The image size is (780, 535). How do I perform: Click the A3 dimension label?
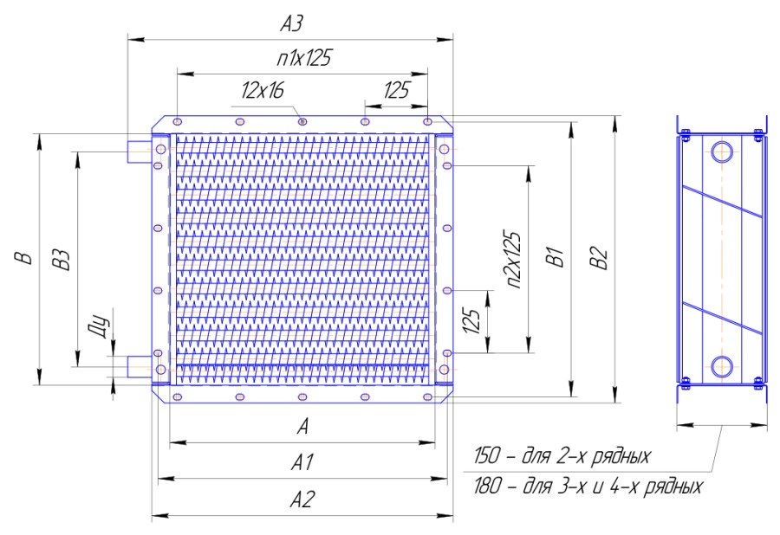pyautogui.click(x=291, y=23)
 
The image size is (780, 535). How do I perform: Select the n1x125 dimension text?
pyautogui.click(x=304, y=58)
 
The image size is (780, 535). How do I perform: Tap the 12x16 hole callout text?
pyautogui.click(x=263, y=90)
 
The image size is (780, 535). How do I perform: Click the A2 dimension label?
pyautogui.click(x=302, y=499)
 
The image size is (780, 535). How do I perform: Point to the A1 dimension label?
pyautogui.click(x=302, y=462)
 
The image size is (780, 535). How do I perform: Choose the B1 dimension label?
pyautogui.click(x=556, y=256)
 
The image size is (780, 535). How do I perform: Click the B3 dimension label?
pyautogui.click(x=62, y=260)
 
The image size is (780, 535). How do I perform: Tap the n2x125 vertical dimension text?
pyautogui.click(x=512, y=260)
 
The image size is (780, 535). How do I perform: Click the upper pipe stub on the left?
pyautogui.click(x=140, y=151)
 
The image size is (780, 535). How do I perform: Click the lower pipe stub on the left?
pyautogui.click(x=140, y=366)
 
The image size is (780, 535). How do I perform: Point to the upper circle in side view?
pyautogui.click(x=721, y=152)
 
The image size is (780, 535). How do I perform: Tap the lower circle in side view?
pyautogui.click(x=721, y=366)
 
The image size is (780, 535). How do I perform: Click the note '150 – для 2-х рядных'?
pyautogui.click(x=562, y=456)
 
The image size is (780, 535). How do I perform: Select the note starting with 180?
pyautogui.click(x=588, y=486)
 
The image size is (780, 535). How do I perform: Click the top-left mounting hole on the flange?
pyautogui.click(x=178, y=121)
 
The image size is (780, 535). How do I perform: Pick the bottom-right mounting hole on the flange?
pyautogui.click(x=427, y=396)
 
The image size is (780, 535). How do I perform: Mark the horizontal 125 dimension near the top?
pyautogui.click(x=396, y=90)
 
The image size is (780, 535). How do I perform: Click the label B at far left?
pyautogui.click(x=23, y=258)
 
